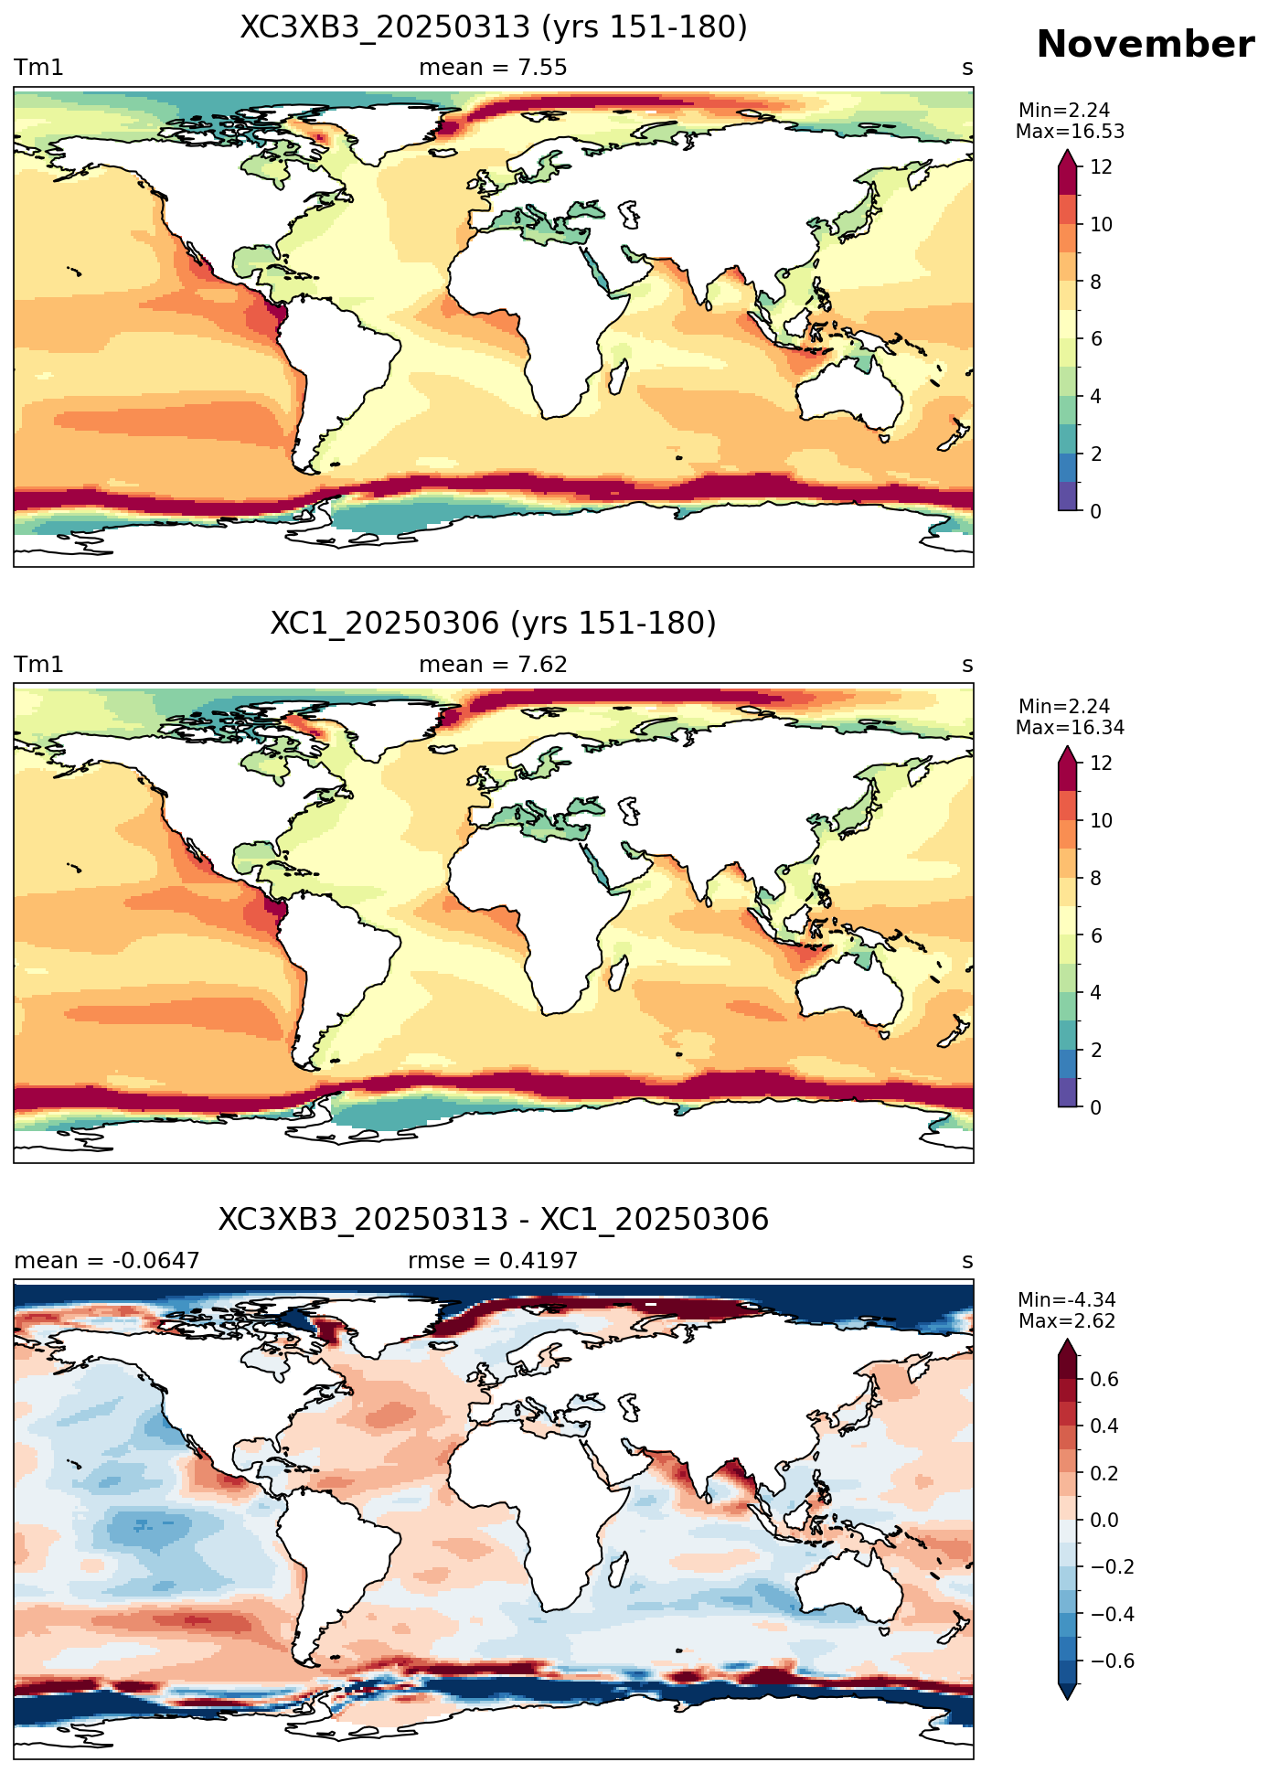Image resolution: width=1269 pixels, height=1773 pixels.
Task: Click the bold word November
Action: pos(1145,45)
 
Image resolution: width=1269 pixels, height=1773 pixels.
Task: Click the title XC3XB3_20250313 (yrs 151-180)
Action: pos(494,27)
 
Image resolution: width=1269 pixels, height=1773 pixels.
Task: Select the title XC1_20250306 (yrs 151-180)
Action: pos(494,624)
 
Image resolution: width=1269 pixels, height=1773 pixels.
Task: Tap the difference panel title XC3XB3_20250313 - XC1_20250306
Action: pos(494,1220)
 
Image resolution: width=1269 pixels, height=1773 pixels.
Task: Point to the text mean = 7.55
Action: pos(493,68)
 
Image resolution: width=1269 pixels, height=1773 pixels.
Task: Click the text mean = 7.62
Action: pos(493,665)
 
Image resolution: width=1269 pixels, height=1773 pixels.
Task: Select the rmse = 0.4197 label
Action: pos(493,1261)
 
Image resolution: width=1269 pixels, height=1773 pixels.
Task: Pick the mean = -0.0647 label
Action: pos(107,1261)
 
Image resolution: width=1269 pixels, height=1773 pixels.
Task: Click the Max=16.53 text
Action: pos(1070,132)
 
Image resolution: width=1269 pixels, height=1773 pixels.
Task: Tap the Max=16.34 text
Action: pos(1070,728)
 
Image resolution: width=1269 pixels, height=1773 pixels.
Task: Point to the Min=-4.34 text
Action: pos(1067,1300)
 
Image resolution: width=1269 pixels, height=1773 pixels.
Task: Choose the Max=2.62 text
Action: pos(1067,1321)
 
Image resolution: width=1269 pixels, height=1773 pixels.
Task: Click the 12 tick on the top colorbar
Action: pos(1101,167)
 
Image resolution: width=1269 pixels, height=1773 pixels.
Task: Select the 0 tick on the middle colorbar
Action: pos(1095,1107)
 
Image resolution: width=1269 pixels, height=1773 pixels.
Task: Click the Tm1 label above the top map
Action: pos(38,68)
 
